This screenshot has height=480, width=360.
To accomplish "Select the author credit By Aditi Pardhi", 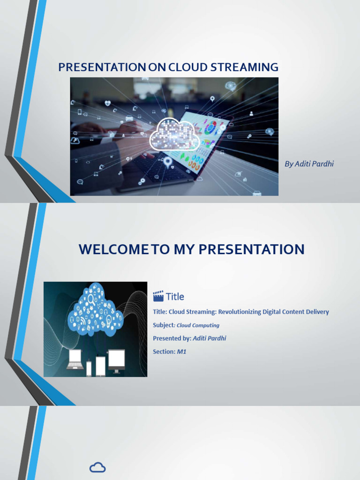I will (309, 164).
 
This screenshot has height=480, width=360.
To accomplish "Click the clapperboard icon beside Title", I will (158, 296).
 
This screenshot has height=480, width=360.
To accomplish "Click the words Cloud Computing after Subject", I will (198, 325).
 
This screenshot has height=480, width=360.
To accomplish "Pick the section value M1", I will (181, 352).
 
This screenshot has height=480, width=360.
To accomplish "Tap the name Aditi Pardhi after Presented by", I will (209, 338).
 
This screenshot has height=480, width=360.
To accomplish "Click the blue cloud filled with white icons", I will (95, 310).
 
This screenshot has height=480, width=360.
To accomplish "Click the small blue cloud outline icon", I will (97, 467).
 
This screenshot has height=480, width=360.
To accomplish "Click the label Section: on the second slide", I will (164, 352).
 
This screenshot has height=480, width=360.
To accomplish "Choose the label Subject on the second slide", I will (163, 325).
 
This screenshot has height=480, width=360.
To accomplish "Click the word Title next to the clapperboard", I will (175, 296).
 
